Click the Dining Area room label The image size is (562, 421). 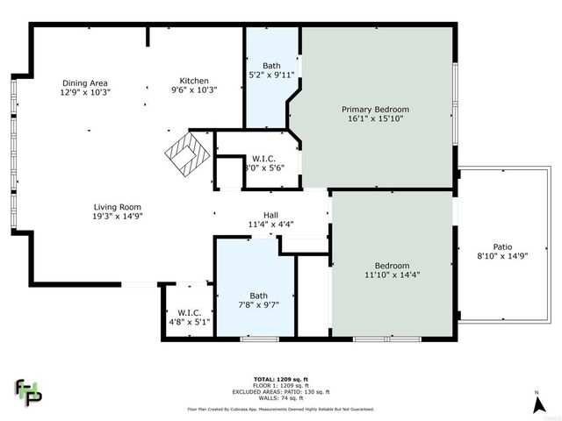(x=85, y=82)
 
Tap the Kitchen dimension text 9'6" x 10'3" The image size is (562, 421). (x=192, y=90)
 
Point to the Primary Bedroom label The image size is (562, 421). (x=375, y=110)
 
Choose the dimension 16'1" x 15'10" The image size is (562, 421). (x=375, y=119)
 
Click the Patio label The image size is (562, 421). (x=501, y=247)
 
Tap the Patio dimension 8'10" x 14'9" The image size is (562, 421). (x=501, y=257)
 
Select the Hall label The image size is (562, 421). (x=271, y=214)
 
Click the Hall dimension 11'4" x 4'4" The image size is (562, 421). (x=271, y=224)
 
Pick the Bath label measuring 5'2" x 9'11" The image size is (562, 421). (x=271, y=66)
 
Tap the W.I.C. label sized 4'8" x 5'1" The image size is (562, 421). (x=190, y=312)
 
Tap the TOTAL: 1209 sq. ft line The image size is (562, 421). (x=280, y=372)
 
